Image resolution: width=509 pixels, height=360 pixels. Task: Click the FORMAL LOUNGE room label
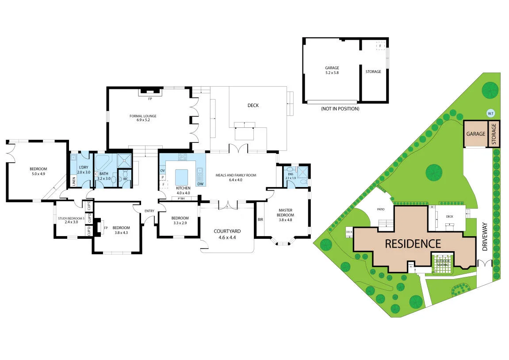click(143, 118)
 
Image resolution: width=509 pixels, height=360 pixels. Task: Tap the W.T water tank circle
click(490, 114)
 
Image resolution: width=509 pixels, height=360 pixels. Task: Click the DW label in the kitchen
click(200, 184)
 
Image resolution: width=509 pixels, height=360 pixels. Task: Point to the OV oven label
click(162, 171)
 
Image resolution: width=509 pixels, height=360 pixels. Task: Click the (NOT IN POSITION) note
click(341, 109)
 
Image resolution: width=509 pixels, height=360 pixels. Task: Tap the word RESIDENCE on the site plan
click(413, 244)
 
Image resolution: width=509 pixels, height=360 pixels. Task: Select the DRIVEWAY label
click(485, 237)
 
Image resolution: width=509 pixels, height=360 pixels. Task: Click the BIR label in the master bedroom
click(260, 219)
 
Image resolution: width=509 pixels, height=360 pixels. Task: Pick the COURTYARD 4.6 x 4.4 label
click(227, 234)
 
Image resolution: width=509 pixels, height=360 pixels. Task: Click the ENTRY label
click(149, 211)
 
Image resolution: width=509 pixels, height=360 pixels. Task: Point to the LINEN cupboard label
click(74, 181)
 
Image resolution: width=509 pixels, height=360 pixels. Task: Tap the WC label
click(126, 179)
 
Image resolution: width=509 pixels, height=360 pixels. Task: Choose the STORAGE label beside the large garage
click(373, 72)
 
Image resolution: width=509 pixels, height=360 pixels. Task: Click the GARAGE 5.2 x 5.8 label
click(332, 70)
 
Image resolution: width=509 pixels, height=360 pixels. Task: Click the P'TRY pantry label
click(181, 199)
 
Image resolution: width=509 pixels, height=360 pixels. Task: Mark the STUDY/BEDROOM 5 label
click(71, 220)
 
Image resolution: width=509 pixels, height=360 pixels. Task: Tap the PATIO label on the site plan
click(380, 209)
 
